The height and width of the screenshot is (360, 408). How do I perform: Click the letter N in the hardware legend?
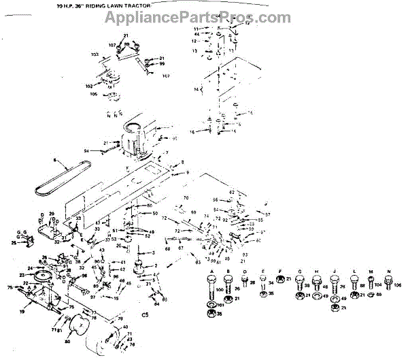(388, 272)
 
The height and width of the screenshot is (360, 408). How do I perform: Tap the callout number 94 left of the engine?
(87, 150)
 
